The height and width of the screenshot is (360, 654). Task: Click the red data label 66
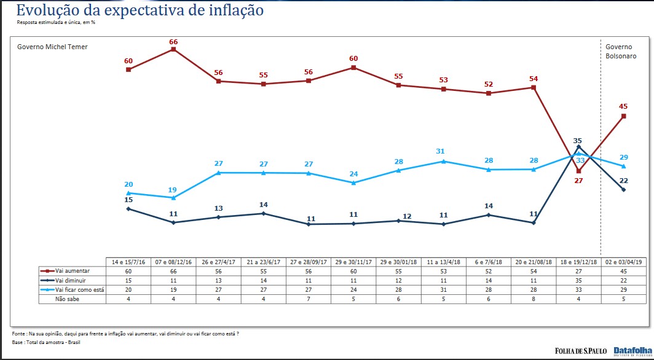coord(173,42)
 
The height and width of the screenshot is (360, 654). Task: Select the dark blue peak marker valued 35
coord(578,146)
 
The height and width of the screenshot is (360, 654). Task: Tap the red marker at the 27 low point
coord(578,171)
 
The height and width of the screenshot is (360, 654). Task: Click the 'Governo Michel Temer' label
coord(52,47)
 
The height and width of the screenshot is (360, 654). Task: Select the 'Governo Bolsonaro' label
coord(621,51)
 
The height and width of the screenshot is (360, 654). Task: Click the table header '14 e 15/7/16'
coord(128,261)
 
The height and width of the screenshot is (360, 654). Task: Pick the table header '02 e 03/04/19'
coord(623,261)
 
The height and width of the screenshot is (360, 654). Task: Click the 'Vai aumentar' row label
coord(73,270)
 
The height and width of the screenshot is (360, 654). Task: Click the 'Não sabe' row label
coord(67,299)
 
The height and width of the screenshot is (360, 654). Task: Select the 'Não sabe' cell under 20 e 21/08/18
coord(534,299)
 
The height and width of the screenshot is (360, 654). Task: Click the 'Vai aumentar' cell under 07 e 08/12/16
coord(173,270)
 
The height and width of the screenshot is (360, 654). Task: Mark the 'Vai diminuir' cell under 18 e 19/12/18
coord(578,280)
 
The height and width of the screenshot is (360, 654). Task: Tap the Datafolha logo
coord(631,351)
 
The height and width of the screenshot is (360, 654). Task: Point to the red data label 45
coord(624,106)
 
